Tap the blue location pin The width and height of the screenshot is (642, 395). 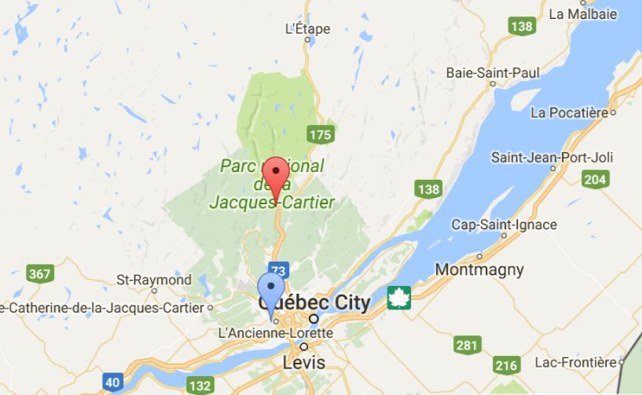(x=271, y=293)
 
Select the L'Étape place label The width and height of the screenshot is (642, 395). (x=306, y=29)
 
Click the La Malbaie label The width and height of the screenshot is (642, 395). (x=582, y=13)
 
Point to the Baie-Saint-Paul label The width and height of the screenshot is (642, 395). (x=493, y=72)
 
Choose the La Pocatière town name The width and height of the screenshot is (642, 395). (x=569, y=112)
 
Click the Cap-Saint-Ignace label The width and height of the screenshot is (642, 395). (x=504, y=225)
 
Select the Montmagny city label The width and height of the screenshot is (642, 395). (x=479, y=269)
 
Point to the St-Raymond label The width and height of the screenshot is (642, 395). (x=154, y=280)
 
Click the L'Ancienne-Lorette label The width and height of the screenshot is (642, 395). (x=275, y=333)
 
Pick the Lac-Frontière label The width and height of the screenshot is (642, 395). (x=573, y=362)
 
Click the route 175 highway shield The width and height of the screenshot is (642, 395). (x=320, y=134)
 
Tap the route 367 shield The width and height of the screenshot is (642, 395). (x=39, y=274)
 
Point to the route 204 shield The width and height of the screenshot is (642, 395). (x=596, y=180)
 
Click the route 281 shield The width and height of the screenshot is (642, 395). (x=467, y=344)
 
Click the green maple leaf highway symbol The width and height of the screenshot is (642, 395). (x=400, y=298)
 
